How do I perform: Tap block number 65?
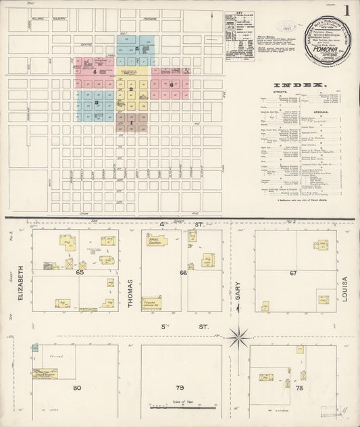pos(80,272)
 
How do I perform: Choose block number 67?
pos(292,272)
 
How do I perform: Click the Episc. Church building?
pos(156,240)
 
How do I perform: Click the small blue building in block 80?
pos(34,349)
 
